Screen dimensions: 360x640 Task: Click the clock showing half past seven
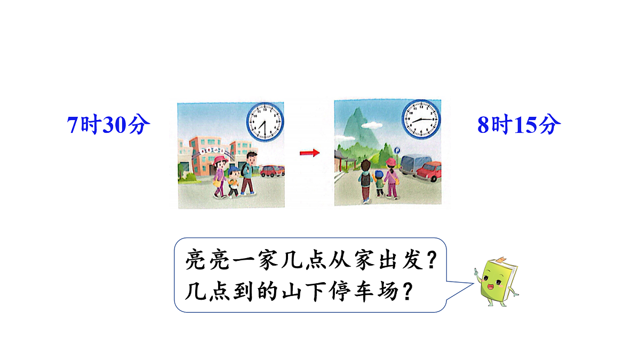point(265,122)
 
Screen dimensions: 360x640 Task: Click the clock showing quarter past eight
point(421,118)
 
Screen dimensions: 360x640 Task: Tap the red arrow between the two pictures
point(309,153)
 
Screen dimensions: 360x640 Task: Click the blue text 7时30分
point(109,125)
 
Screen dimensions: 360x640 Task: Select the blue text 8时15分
point(519,125)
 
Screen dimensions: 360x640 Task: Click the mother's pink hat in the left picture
point(219,159)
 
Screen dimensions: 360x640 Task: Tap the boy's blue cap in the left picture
point(234,170)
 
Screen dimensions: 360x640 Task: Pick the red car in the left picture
point(272,171)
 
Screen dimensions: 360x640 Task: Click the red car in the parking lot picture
point(429,171)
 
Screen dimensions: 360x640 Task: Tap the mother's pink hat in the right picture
point(391,162)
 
